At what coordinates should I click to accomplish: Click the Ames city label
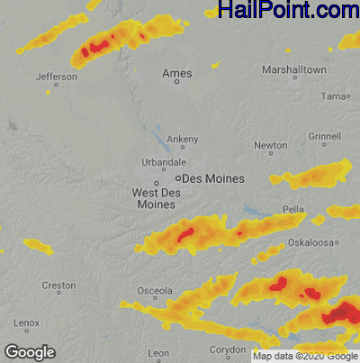[x=176, y=72]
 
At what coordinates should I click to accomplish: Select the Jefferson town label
[x=56, y=77]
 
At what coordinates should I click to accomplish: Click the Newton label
[x=271, y=145]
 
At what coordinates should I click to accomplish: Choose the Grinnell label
[x=324, y=136]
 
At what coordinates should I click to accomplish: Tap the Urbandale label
[x=164, y=162]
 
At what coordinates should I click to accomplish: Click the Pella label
[x=293, y=209]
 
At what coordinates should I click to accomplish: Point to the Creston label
[x=58, y=286]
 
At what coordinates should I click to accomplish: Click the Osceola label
[x=154, y=291]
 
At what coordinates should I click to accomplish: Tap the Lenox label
[x=26, y=322]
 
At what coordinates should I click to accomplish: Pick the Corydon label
[x=228, y=349]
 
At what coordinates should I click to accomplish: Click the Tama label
[x=334, y=95]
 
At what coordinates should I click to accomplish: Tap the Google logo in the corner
[x=30, y=352]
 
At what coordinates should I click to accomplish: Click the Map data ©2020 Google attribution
[x=305, y=356]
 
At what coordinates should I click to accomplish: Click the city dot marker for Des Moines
[x=177, y=178]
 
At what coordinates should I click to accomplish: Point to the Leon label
[x=158, y=352]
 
